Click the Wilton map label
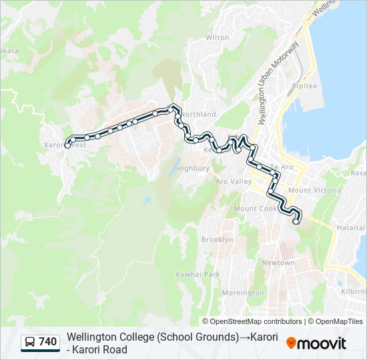218,38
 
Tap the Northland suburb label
198,115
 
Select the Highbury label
193,169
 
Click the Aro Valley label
234,181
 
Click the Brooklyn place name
218,239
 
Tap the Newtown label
278,263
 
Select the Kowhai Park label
198,275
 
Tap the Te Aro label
282,167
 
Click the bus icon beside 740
30,343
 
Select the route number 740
48,343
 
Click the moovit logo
316,343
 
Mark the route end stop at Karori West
67,145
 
